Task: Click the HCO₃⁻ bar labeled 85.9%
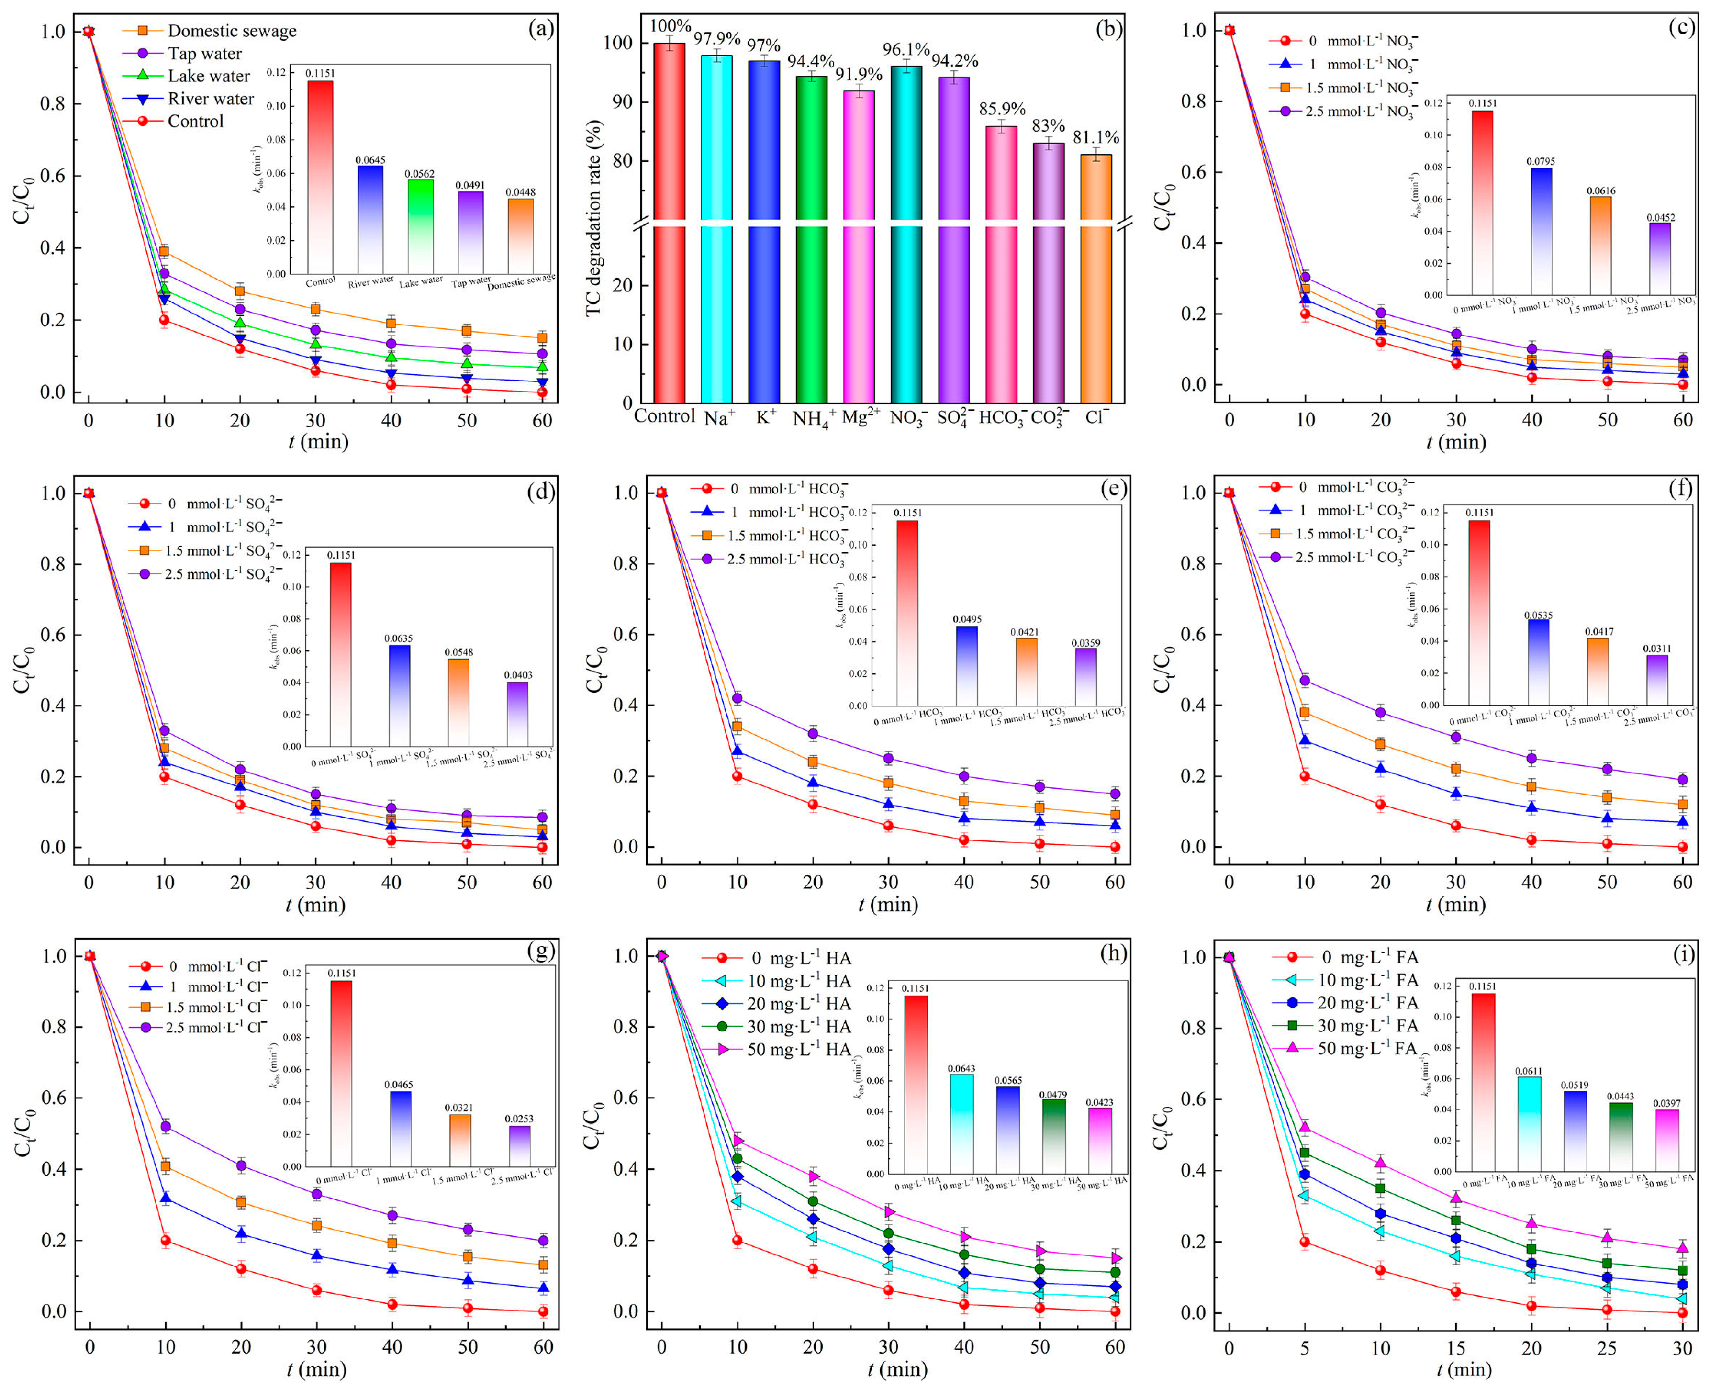(1001, 264)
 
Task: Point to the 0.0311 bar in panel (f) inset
(1656, 680)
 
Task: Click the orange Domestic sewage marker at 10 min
(164, 251)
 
